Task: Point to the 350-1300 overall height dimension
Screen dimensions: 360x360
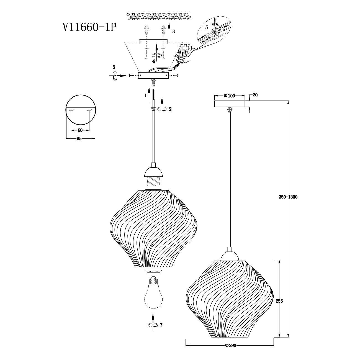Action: (288, 197)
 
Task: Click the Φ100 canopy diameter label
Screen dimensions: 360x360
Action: (229, 96)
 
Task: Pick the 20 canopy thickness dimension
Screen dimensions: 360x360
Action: (255, 95)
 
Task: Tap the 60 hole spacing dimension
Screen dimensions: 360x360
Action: (80, 130)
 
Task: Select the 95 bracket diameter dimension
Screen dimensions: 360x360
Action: (79, 139)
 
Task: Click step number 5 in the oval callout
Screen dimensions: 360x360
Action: (206, 27)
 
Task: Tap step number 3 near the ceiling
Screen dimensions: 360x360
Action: (174, 31)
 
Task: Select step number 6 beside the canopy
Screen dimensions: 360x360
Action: (114, 67)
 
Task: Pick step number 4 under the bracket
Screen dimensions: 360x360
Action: (154, 61)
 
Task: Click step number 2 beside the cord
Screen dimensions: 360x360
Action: (170, 109)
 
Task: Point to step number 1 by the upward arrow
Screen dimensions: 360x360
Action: (146, 96)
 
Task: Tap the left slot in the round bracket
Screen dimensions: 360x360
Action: (71, 110)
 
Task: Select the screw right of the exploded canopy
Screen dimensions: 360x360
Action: (176, 76)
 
